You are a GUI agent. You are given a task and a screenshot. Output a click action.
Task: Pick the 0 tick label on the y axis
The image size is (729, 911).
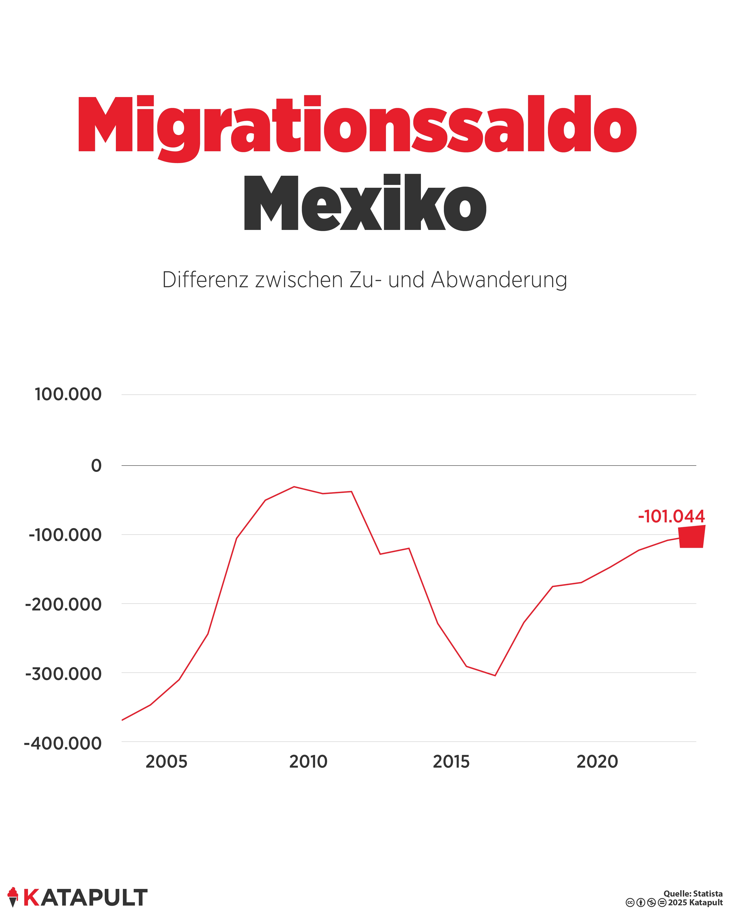point(96,466)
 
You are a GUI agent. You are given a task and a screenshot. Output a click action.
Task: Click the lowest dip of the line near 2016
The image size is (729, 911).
point(495,675)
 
